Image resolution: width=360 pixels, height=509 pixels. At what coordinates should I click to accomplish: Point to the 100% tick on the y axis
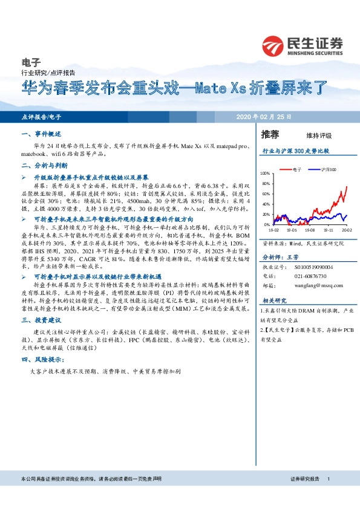264,174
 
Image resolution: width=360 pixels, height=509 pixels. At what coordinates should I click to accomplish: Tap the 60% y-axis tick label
266,194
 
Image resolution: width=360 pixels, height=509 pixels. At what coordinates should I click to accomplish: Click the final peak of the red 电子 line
347,186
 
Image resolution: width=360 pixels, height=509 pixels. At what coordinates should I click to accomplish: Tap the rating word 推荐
270,134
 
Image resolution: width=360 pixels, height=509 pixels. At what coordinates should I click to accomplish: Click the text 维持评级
319,135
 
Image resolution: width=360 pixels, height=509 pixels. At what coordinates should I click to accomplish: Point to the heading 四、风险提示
44,358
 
